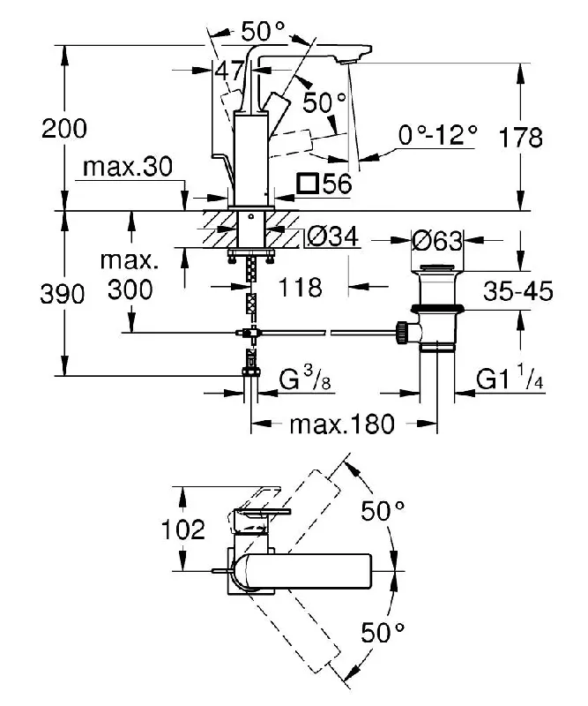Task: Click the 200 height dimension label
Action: tap(64, 129)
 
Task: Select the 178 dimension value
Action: tap(520, 138)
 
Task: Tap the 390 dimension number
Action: tap(63, 294)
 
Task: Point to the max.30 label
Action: tap(128, 167)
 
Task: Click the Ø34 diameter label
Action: tap(333, 237)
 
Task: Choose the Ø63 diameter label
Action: tap(437, 240)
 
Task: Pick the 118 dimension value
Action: tap(301, 287)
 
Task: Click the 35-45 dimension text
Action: tap(518, 291)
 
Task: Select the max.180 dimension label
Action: tap(342, 424)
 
